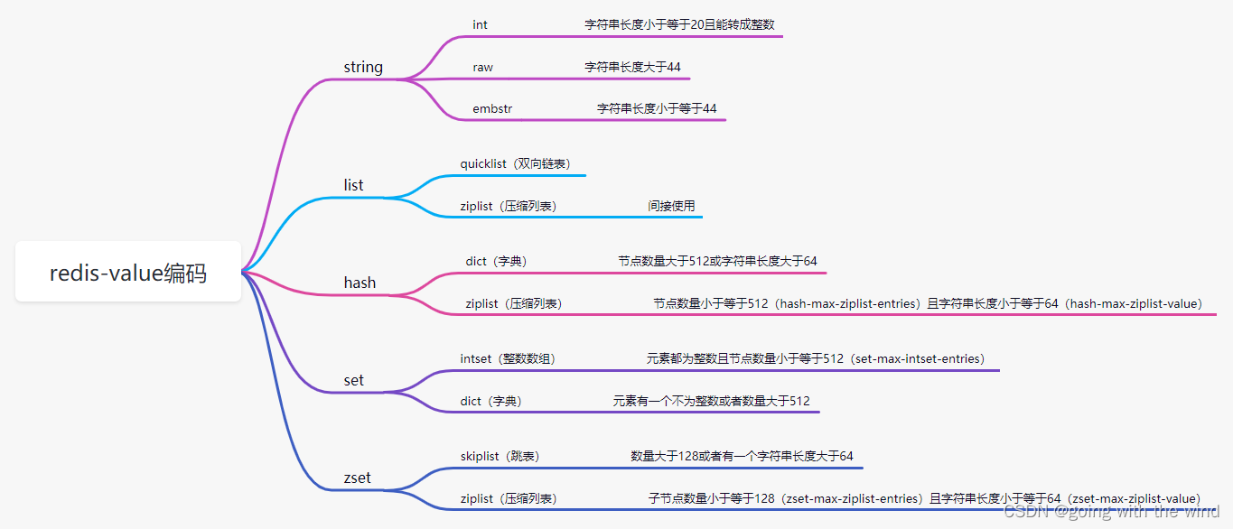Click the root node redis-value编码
coord(128,273)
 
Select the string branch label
coord(363,67)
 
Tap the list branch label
coord(353,185)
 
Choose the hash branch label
coord(360,283)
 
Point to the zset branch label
coord(358,478)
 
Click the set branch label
coord(353,380)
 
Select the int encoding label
coord(480,24)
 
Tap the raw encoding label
coord(482,67)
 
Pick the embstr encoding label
coord(492,108)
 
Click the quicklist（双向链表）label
coord(516,163)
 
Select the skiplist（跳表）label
coord(500,456)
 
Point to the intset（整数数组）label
coord(508,358)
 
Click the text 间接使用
coord(671,206)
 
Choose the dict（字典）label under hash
coord(496,261)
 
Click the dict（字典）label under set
coord(491,401)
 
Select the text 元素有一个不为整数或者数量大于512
coord(711,401)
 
